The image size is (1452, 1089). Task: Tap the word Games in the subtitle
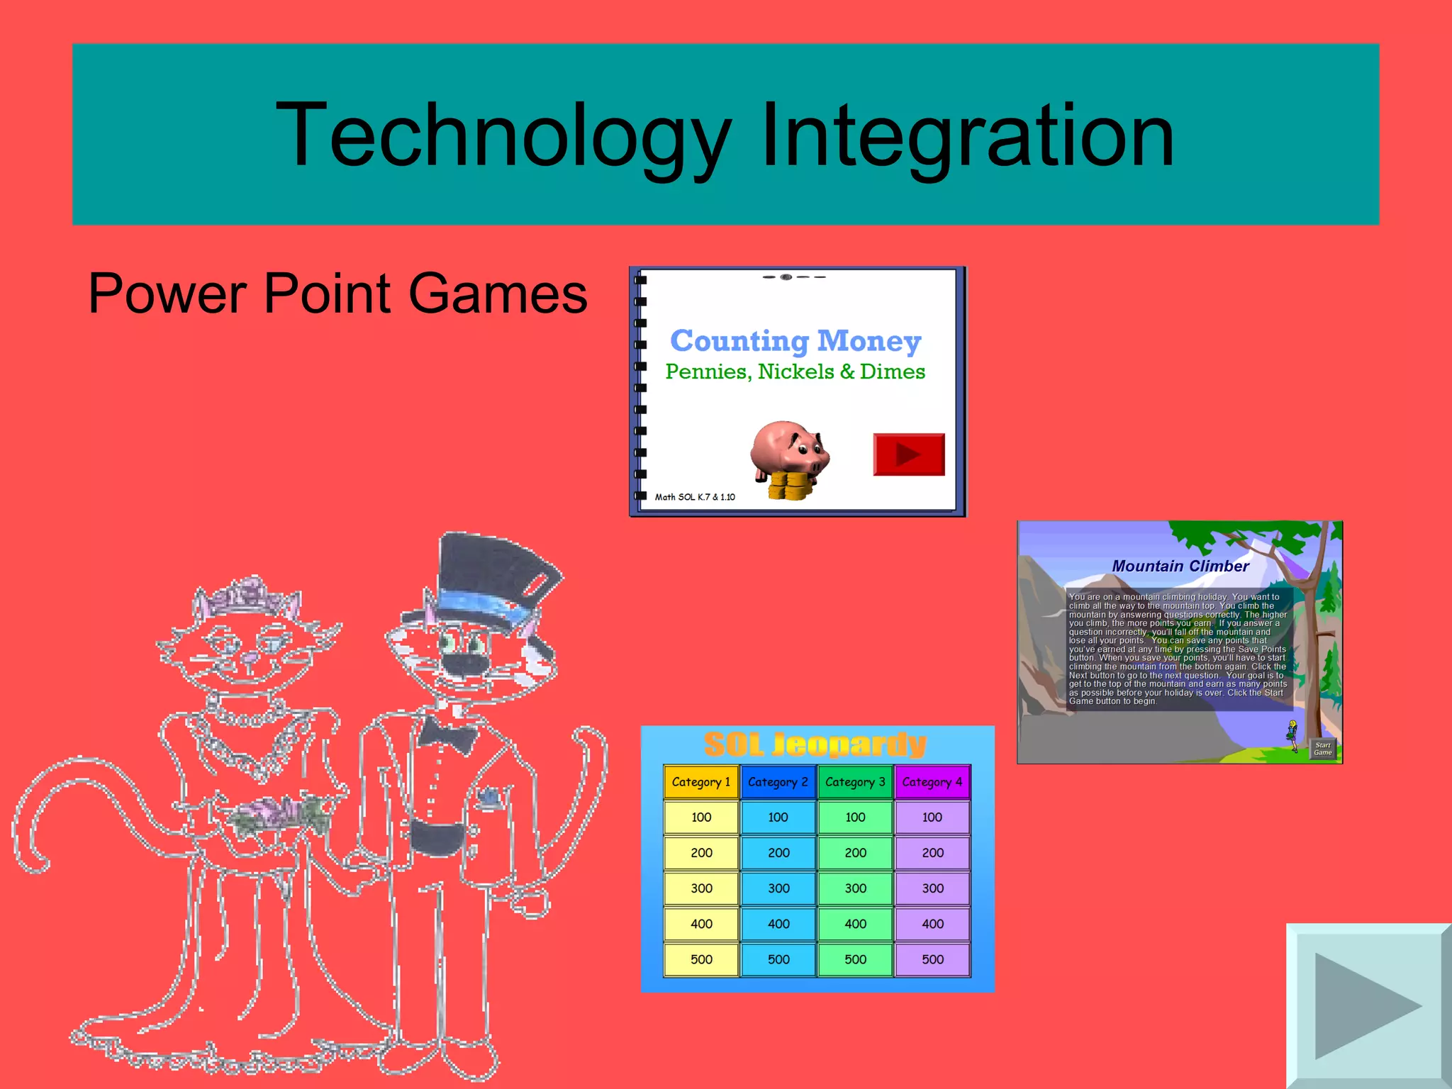498,293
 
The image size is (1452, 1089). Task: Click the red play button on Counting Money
908,454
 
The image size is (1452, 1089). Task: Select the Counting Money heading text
795,341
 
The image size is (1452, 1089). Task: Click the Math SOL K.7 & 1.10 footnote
695,497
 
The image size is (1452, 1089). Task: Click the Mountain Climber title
1180,566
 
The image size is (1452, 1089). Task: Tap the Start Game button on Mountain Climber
1322,749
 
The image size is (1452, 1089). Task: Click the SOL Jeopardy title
815,744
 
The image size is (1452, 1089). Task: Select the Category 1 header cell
701,782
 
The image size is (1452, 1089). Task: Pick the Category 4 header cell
932,782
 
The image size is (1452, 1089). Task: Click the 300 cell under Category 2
778,888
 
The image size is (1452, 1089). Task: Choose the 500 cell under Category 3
855,959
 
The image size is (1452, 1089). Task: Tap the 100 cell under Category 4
932,817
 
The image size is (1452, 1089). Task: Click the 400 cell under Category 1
701,924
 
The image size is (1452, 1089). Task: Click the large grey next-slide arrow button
1366,1005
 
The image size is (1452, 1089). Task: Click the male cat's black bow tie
447,734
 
